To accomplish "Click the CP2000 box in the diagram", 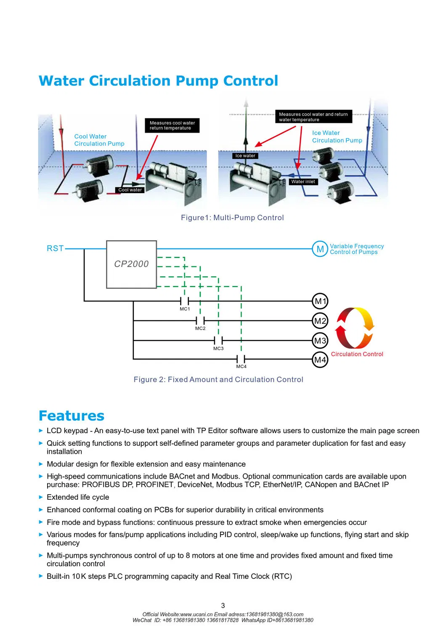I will pos(131,264).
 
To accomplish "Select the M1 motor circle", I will pos(320,301).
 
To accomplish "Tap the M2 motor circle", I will pos(320,321).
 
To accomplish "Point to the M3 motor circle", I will pos(320,341).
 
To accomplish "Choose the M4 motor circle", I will pos(320,359).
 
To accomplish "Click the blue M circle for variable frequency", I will pos(320,249).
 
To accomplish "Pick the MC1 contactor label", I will pos(185,309).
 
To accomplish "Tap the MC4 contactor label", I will pos(241,367).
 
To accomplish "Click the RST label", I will pos(55,248).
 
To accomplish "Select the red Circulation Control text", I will pos(357,354).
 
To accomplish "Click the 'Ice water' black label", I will pos(245,156).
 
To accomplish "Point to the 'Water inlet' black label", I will pos(303,182).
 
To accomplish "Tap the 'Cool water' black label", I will pos(130,190).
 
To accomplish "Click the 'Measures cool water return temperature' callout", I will pos(172,125).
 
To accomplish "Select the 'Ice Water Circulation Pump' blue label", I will pos(337,136).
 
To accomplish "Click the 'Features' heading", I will pos(71,415).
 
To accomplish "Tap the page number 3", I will pos(223,605).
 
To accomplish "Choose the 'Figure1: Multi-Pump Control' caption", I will pos(232,218).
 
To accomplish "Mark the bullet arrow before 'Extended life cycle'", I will pos(41,497).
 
